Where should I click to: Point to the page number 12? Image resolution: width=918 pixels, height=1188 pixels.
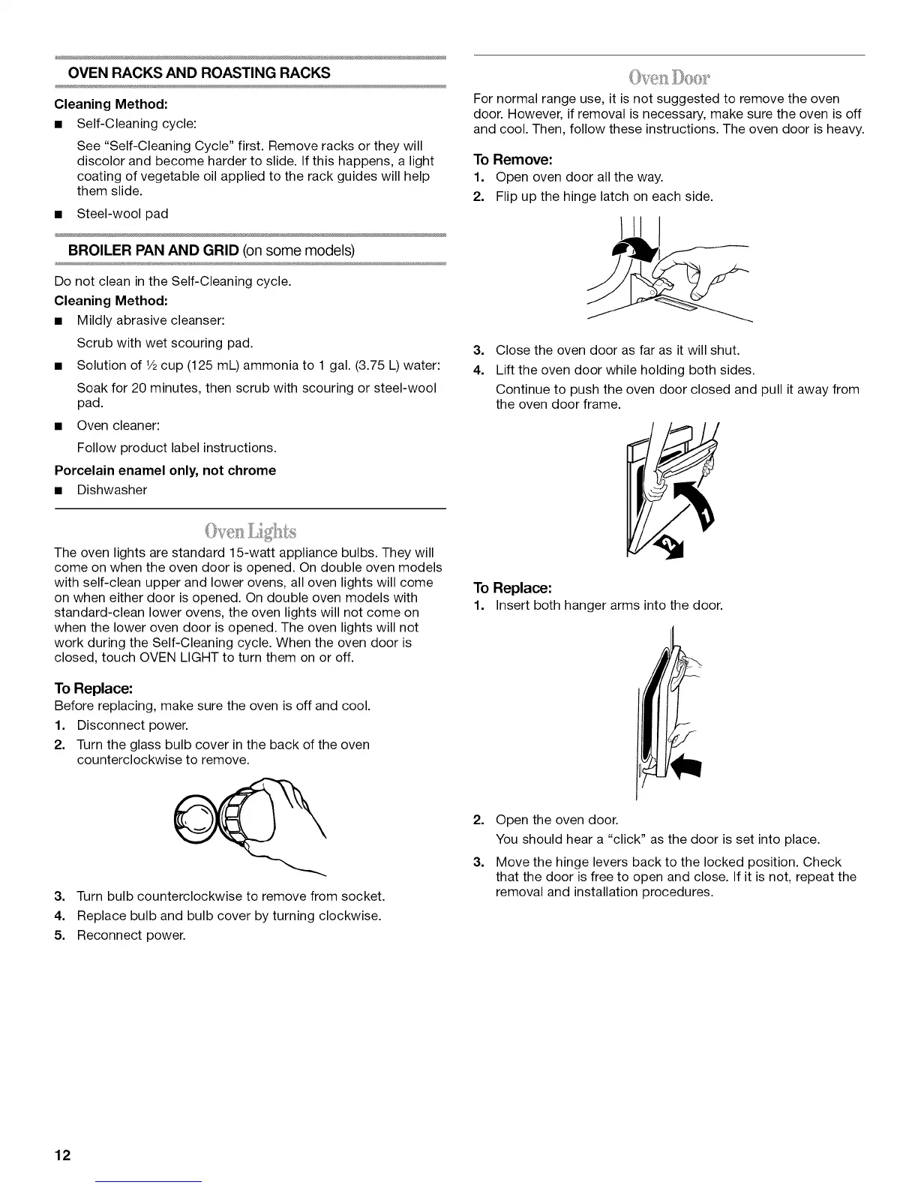pyautogui.click(x=62, y=1155)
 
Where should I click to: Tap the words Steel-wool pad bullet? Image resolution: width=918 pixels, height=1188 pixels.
pyautogui.click(x=122, y=214)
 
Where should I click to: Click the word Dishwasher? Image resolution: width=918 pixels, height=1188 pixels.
pyautogui.click(x=112, y=490)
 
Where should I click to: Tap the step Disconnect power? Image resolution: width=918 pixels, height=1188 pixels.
pyautogui.click(x=132, y=725)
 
